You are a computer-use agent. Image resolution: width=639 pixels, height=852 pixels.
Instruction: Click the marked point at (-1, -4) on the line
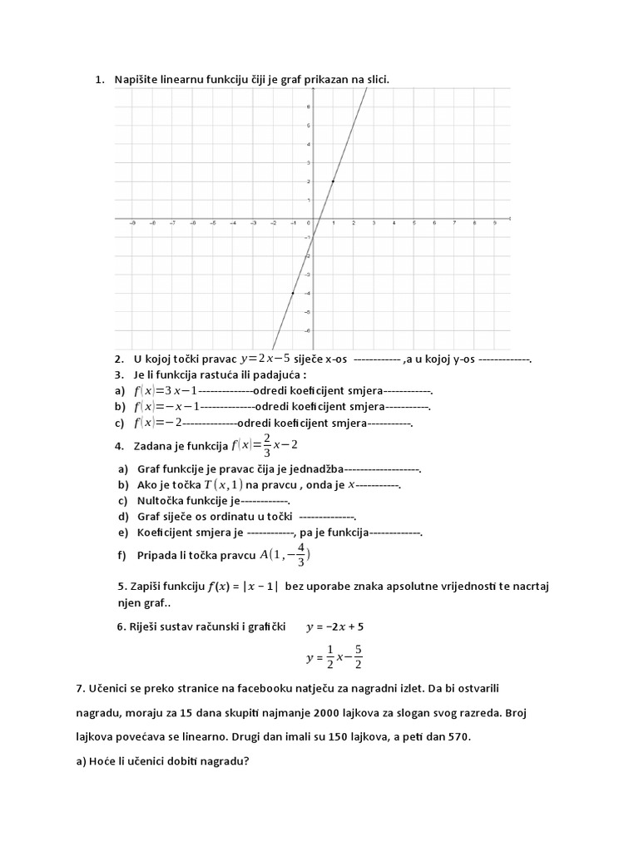292,293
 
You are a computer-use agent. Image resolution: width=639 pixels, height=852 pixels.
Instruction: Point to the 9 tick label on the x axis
495,223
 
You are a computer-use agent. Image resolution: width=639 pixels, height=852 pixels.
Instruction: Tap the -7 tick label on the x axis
172,223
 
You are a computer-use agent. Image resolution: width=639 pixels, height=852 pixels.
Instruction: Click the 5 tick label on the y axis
309,126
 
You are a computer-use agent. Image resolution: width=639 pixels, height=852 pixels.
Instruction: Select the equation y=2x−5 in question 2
265,359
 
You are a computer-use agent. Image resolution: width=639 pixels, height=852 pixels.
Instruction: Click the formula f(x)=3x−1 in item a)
166,390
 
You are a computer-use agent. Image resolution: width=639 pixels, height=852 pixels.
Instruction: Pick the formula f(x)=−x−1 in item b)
166,407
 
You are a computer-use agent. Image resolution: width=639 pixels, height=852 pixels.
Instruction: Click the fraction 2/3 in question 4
266,444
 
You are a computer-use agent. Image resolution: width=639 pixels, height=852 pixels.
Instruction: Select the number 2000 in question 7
329,713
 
